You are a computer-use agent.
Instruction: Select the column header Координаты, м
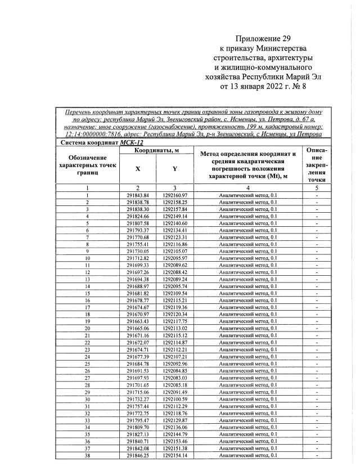point(156,151)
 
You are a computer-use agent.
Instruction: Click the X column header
point(138,168)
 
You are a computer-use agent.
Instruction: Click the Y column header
point(175,168)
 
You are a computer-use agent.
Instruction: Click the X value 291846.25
point(138,456)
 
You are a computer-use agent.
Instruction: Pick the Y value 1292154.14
point(175,456)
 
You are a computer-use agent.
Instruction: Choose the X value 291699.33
point(138,265)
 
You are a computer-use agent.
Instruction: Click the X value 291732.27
point(138,400)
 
